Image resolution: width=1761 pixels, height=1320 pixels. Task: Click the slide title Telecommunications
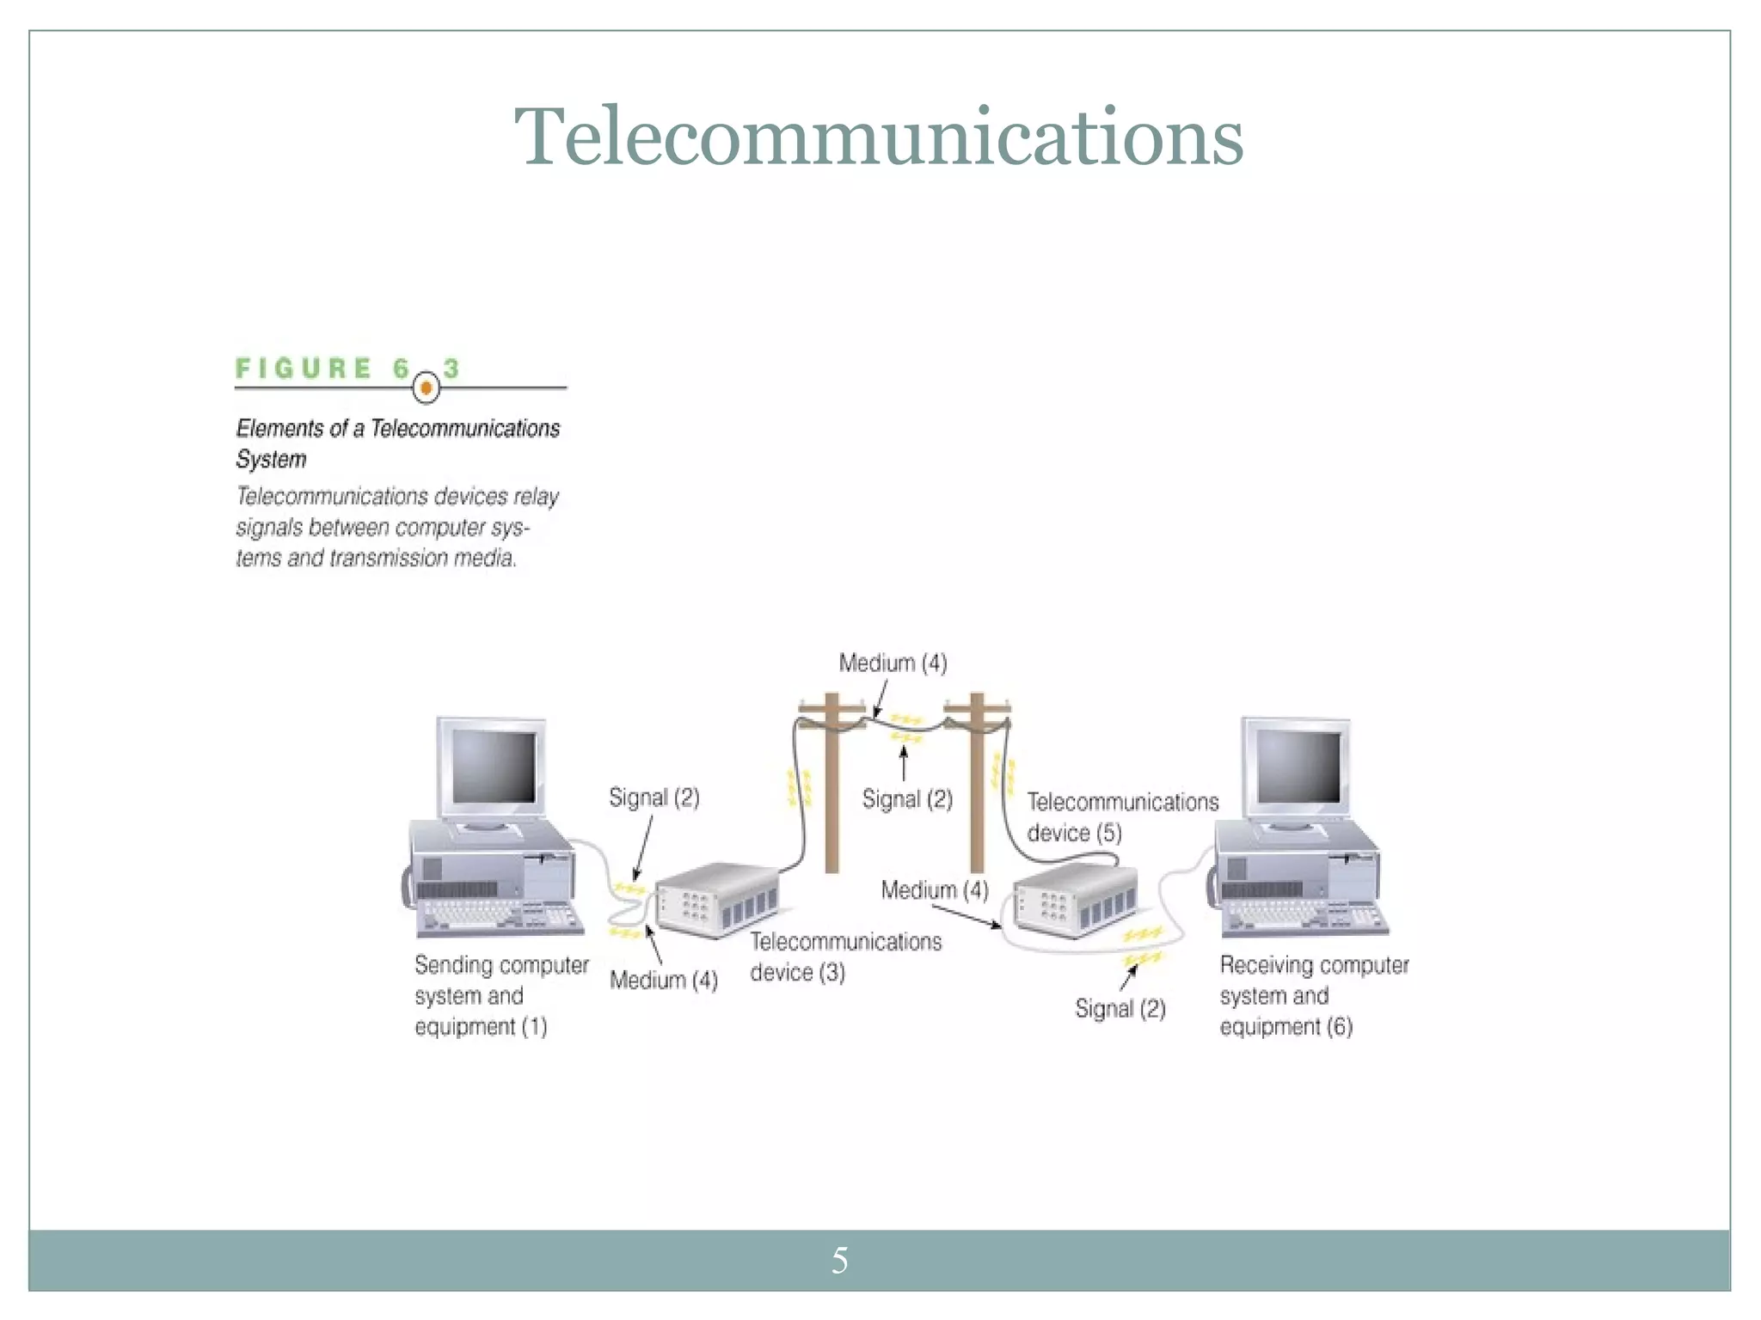click(879, 137)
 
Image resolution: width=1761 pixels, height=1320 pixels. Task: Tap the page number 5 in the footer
click(840, 1261)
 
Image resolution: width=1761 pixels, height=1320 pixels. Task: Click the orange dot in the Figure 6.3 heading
click(426, 388)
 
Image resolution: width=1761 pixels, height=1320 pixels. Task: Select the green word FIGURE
click(304, 369)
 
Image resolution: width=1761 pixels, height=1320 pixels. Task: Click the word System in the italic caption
click(271, 459)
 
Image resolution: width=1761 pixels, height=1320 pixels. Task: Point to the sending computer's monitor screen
click(494, 767)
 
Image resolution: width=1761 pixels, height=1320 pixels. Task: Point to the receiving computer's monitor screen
click(1298, 767)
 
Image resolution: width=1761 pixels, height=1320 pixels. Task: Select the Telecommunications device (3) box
click(717, 899)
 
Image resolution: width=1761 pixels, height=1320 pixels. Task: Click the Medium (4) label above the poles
click(893, 663)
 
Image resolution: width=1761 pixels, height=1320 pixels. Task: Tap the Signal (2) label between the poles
click(907, 799)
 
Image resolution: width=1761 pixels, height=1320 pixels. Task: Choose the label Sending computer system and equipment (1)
click(500, 995)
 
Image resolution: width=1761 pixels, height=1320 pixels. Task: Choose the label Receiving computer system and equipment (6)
click(1313, 995)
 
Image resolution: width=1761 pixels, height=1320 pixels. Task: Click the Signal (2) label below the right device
click(1120, 1008)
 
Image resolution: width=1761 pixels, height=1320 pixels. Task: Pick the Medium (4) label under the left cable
click(663, 980)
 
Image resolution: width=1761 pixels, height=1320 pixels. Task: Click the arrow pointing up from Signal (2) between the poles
click(904, 763)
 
